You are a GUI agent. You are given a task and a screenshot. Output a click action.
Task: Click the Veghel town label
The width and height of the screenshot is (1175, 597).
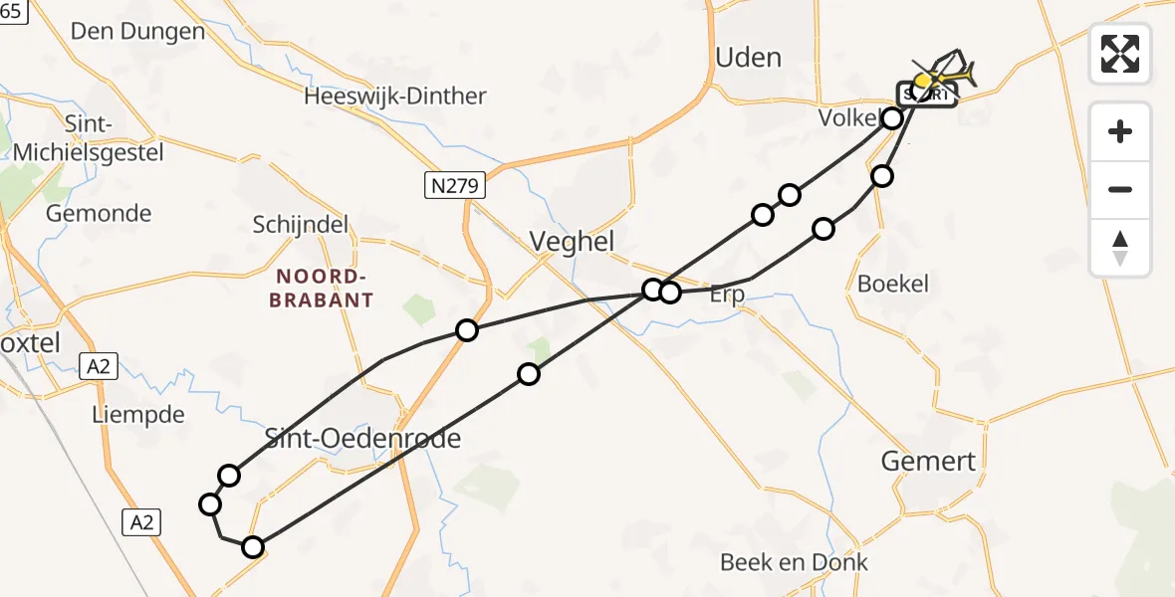[572, 241]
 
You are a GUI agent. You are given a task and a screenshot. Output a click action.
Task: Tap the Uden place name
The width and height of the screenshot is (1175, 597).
[748, 58]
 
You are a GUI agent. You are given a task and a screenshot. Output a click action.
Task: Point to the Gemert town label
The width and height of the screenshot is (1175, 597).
[929, 461]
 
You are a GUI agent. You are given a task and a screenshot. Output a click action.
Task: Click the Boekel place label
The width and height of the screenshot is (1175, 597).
[892, 284]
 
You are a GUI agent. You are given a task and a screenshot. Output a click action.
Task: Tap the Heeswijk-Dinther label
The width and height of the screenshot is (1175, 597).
[395, 97]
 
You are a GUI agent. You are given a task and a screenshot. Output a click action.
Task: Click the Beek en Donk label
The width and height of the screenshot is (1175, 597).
[794, 562]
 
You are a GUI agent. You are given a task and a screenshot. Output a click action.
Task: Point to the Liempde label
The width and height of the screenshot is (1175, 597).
[137, 414]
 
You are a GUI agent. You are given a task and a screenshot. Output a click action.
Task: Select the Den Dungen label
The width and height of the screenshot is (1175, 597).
[137, 31]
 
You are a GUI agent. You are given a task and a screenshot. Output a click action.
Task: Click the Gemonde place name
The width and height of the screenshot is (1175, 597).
[99, 213]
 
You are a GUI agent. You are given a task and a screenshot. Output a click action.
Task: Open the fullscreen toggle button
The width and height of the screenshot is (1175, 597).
[1120, 54]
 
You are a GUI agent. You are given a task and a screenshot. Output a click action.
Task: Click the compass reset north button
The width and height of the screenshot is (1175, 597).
[1120, 248]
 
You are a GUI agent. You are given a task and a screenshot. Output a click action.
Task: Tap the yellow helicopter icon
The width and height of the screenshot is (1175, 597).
[944, 75]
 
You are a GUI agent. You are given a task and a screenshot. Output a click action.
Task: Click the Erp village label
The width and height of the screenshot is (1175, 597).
[728, 296]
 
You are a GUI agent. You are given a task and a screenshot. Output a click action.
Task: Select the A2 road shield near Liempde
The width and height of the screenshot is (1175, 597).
[98, 367]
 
